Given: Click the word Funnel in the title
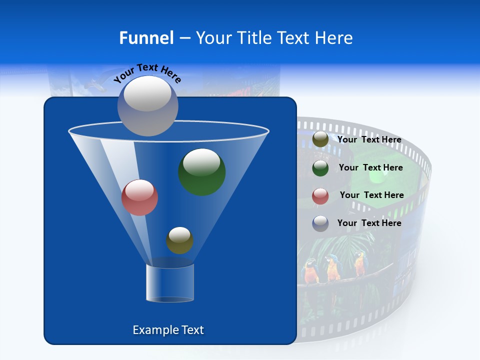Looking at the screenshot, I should coord(146,38).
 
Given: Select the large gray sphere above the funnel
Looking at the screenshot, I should coord(147,106).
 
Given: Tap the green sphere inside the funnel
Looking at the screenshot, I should coord(201,171).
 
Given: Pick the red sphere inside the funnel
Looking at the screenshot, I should coord(139,197).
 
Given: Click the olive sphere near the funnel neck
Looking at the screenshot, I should coord(179,240).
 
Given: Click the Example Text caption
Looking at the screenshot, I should coord(168,330).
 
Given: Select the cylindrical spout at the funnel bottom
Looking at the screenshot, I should coord(169,283).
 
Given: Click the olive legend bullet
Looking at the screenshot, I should coord(320,139).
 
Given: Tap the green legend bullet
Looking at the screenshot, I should coord(320,168).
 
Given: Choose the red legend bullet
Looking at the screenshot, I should coord(320,196).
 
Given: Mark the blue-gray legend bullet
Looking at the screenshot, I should coord(320,223).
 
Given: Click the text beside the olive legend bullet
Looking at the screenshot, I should coord(369,140).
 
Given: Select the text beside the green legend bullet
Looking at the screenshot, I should coord(370,168).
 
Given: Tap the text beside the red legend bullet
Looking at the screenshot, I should coord(371,195).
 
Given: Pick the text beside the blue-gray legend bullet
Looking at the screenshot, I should coord(369,223).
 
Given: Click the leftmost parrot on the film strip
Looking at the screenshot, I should coord(310,270).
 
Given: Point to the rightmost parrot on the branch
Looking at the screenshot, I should coord(359,264).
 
